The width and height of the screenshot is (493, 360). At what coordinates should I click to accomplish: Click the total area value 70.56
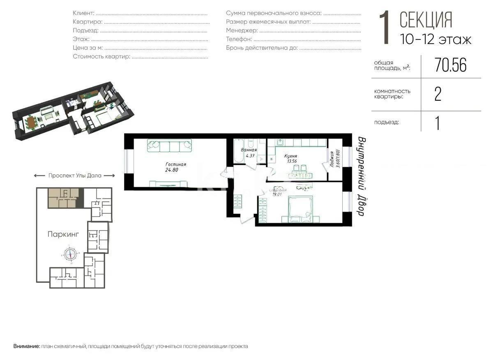tap(450, 65)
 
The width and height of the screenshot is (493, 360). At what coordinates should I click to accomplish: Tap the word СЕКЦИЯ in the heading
tap(426, 20)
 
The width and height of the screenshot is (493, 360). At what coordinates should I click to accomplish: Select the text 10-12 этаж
tap(435, 39)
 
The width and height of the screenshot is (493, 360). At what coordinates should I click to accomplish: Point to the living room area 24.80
tap(172, 170)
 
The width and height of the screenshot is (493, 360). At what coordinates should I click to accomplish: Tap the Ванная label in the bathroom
tap(249, 150)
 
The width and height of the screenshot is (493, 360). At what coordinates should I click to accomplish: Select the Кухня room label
tap(290, 156)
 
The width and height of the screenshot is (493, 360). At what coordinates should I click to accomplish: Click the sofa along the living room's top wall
tap(169, 145)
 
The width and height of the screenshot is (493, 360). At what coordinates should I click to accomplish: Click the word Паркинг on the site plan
tap(63, 234)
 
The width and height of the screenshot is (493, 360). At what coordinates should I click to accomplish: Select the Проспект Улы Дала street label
tap(74, 175)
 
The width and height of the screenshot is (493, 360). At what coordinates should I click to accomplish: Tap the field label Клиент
tap(83, 13)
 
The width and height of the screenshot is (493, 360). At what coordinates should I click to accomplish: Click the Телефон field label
tap(239, 39)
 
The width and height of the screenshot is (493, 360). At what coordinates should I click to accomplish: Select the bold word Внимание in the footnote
tap(27, 346)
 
